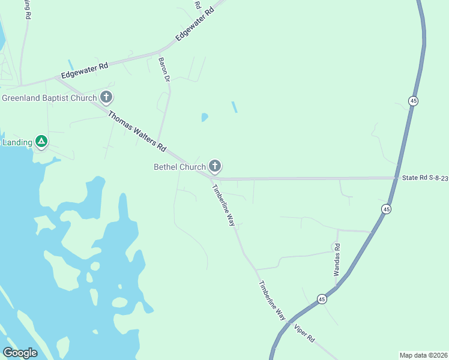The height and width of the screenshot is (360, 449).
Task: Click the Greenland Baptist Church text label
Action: [x=49, y=97]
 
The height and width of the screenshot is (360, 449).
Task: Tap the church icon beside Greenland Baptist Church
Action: [x=106, y=97]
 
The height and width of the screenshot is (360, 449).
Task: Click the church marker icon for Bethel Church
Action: [x=214, y=166]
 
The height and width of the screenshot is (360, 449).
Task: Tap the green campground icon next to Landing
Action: [x=41, y=142]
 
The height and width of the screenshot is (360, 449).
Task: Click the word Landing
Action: [x=17, y=142]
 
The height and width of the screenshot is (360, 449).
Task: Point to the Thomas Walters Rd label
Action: [x=136, y=129]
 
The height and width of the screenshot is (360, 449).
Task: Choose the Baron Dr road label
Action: [x=164, y=70]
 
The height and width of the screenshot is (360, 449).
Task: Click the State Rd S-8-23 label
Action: [x=425, y=178]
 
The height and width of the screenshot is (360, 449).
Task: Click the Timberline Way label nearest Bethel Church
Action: [x=223, y=205]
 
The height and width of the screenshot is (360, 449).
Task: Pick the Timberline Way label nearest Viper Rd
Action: [x=272, y=301]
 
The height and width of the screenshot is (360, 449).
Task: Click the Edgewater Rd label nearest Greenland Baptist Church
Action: [x=85, y=71]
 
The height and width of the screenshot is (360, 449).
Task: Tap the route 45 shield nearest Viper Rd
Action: [x=322, y=299]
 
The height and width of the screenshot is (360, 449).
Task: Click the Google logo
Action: [x=20, y=353]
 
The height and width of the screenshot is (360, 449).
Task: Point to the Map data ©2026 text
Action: [x=423, y=355]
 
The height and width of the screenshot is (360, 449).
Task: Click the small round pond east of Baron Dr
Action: [x=205, y=117]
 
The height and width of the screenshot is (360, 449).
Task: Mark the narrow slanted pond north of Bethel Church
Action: [x=234, y=107]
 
